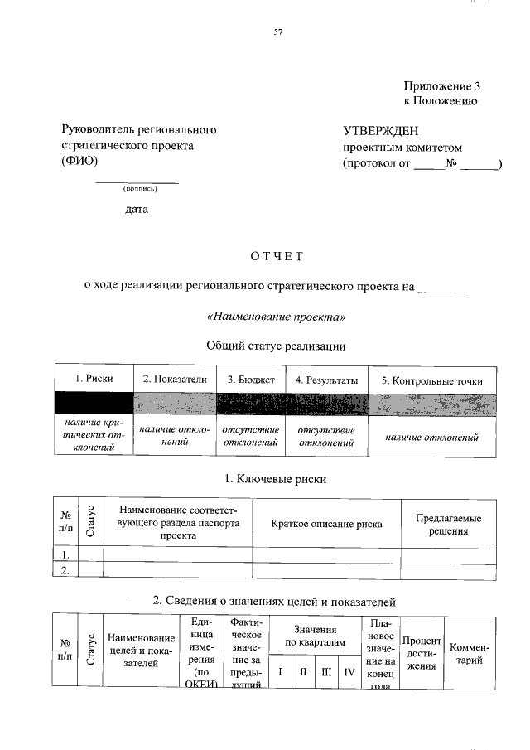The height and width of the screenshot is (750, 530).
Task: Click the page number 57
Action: (x=278, y=33)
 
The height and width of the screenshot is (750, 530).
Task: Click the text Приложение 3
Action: (x=441, y=85)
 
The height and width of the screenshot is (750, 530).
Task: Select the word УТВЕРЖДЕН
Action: (x=381, y=130)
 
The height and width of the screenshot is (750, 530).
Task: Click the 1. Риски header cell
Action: (x=94, y=380)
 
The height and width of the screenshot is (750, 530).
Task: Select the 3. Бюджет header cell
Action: (x=250, y=380)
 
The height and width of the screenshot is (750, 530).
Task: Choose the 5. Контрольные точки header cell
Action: (x=431, y=380)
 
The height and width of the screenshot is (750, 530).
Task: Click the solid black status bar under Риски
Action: (x=94, y=404)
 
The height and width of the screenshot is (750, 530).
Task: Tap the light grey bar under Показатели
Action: (x=175, y=404)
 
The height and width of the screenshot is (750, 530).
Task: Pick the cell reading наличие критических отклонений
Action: (x=94, y=435)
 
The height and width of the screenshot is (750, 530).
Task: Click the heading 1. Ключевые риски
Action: (x=276, y=479)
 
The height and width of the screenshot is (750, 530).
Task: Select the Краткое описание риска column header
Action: (x=326, y=524)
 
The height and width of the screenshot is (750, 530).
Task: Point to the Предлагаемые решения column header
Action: (x=448, y=524)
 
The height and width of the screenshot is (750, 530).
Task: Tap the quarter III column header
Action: (x=327, y=671)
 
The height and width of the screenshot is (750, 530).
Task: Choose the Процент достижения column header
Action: (x=422, y=653)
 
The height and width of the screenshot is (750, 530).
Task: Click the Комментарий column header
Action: (x=470, y=653)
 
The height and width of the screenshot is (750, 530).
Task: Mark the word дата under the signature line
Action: (x=137, y=209)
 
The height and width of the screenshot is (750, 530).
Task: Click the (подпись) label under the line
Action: (x=137, y=189)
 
